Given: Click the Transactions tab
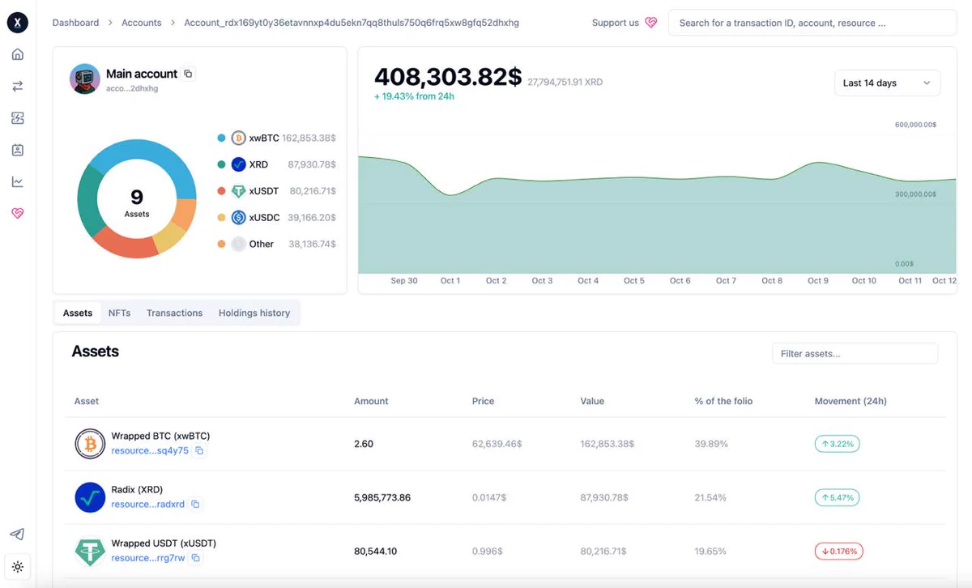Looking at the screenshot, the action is point(174,313).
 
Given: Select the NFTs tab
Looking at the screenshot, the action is point(119,313).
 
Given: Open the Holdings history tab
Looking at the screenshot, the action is point(254,313).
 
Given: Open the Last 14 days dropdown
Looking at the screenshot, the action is point(888,83).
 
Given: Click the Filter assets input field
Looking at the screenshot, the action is point(855,354).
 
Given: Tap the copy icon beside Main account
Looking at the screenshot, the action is point(188,74).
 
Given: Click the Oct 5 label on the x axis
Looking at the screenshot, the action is point(634,281).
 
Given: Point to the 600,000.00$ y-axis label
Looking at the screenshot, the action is point(915,125).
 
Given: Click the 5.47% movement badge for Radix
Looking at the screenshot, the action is point(837,497).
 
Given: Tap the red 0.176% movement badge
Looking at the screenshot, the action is point(839,551).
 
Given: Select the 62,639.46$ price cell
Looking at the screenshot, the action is point(497,444).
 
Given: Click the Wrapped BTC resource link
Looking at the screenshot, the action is point(150,450).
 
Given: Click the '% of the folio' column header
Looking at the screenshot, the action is point(723,401).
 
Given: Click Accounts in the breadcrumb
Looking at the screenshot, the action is point(142,23).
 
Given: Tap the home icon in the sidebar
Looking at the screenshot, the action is point(17,54).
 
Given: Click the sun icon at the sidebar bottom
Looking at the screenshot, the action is point(18,567).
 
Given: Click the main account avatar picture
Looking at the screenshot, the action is point(84,79).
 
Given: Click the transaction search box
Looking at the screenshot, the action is point(812,23).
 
